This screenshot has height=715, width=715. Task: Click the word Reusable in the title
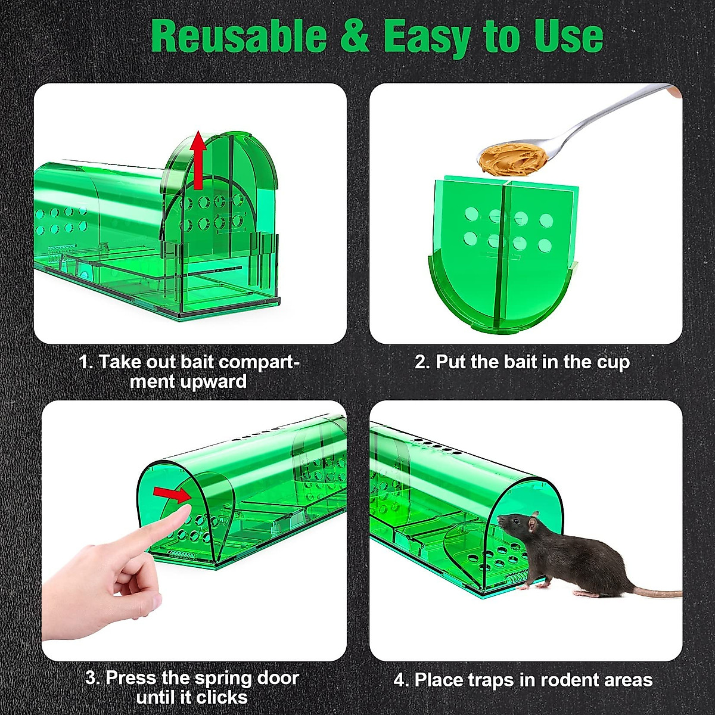point(238,37)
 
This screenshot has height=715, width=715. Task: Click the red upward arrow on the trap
point(198,161)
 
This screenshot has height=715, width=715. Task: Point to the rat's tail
point(655,593)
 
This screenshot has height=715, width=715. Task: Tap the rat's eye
point(514,523)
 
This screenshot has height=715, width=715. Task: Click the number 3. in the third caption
point(93,678)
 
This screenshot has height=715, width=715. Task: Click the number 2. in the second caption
point(422,362)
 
